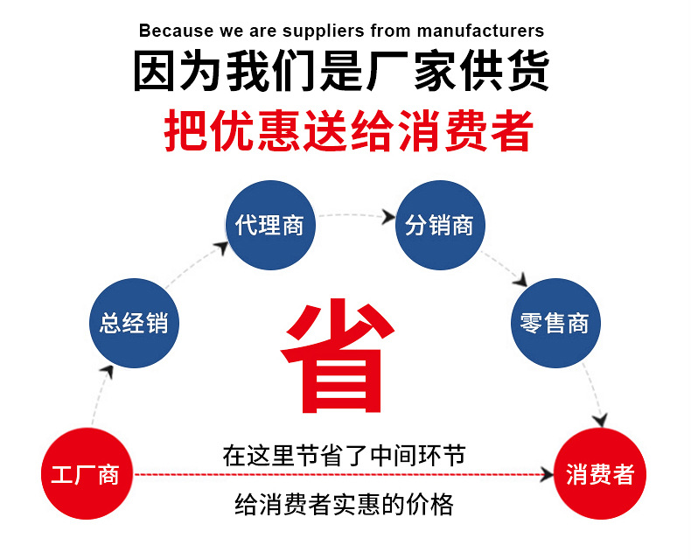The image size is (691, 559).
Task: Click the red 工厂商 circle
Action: point(85,474)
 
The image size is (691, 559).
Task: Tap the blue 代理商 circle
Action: point(269,225)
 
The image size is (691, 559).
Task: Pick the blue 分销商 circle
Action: point(440,225)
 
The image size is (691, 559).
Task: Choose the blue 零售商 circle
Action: point(555,323)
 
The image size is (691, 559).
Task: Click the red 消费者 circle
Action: point(600,474)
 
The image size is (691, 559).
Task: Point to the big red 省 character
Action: point(336,359)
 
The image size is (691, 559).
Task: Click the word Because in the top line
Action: point(175,31)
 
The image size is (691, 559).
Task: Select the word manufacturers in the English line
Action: point(479,31)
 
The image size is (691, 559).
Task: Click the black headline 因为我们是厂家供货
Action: point(341,73)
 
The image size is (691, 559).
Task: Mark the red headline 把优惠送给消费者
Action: point(348,132)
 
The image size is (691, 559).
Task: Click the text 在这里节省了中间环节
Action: point(344,456)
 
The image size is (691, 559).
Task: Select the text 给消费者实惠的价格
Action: point(344,505)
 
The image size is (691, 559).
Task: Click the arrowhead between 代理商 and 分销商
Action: point(387,216)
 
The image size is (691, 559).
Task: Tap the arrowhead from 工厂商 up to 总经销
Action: point(107,371)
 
